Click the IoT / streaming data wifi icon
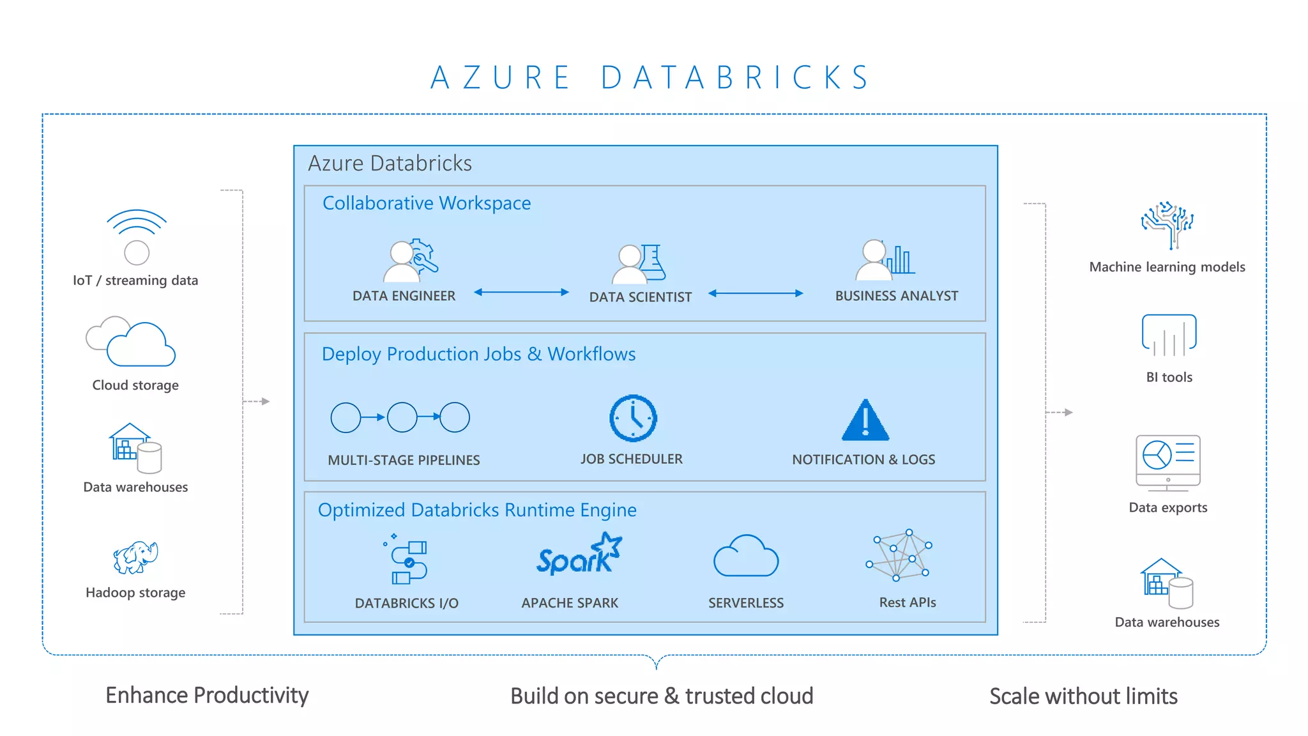(136, 236)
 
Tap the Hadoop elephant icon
(135, 557)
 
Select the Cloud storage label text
(135, 385)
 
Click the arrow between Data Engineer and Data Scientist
(521, 293)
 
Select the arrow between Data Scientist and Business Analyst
(756, 293)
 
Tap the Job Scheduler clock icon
(633, 418)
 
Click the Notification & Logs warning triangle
(865, 421)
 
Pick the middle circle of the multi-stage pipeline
(402, 417)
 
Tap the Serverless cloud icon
(745, 556)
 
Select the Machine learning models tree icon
(1167, 225)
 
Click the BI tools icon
(1169, 335)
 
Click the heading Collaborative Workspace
(427, 203)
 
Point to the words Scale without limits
(1083, 696)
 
